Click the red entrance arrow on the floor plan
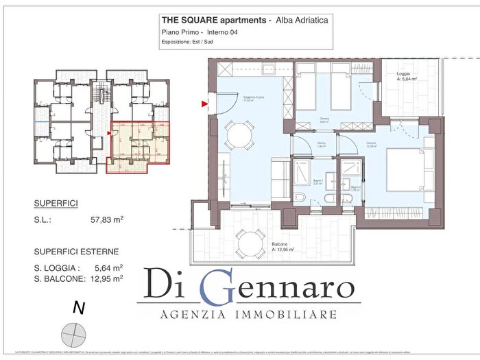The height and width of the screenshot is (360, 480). click(204, 104)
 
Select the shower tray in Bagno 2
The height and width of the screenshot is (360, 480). click(350, 170)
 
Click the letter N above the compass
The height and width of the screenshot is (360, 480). click(79, 309)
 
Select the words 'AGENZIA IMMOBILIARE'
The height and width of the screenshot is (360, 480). click(248, 315)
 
